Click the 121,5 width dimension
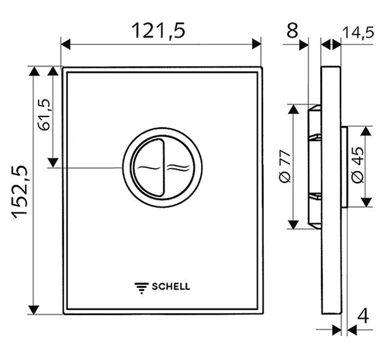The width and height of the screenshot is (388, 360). [159, 31]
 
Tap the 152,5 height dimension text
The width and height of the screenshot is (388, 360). [20, 191]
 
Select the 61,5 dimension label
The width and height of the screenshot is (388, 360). [44, 115]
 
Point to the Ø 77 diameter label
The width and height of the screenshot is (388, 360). [284, 166]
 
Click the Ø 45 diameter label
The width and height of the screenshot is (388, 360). [358, 165]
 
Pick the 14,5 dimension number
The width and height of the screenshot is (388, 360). [358, 33]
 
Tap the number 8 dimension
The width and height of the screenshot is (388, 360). [293, 31]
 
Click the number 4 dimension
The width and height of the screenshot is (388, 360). [363, 316]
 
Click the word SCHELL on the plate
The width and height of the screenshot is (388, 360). [171, 287]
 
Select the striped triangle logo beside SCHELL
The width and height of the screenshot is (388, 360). [141, 288]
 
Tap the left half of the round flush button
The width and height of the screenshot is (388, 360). [148, 167]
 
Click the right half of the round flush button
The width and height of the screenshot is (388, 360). [177, 167]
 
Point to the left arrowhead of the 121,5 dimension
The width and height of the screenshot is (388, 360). [65, 44]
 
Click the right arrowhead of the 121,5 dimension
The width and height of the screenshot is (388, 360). [256, 44]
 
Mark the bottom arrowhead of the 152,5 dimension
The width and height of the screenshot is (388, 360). [34, 310]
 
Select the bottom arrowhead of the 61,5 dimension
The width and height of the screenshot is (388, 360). [53, 163]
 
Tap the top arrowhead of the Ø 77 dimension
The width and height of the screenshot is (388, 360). [294, 109]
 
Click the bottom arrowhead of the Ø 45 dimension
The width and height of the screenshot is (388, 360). [366, 202]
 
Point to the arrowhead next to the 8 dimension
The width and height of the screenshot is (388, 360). [304, 45]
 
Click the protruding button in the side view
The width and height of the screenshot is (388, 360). [344, 167]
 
